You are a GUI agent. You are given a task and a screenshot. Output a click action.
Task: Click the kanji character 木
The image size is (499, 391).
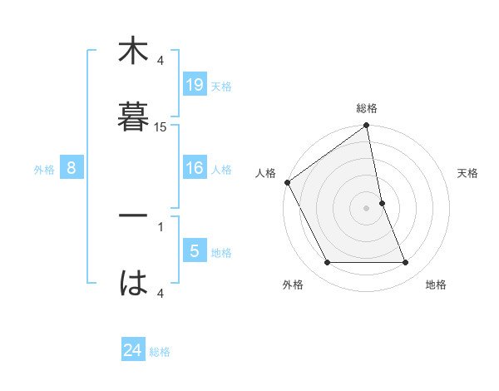click(x=133, y=52)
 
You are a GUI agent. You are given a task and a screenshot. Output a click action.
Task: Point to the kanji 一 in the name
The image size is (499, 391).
click(x=133, y=215)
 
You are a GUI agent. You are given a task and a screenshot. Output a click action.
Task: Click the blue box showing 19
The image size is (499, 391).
click(x=195, y=85)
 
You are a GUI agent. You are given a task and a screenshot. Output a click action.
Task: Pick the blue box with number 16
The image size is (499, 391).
click(x=195, y=169)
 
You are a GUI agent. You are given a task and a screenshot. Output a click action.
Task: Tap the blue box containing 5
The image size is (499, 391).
click(x=195, y=251)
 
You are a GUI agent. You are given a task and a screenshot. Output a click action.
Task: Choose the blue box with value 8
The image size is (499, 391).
click(x=72, y=169)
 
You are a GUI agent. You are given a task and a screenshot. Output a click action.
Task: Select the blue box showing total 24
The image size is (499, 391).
click(x=133, y=350)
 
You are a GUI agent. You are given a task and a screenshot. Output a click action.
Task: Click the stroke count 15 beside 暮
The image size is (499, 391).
click(x=161, y=126)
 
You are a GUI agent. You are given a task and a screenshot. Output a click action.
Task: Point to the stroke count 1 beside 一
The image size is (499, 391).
click(x=161, y=225)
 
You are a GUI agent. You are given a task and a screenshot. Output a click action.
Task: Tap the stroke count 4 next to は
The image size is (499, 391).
click(x=161, y=293)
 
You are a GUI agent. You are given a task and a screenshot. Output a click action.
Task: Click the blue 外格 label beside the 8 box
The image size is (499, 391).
click(x=44, y=170)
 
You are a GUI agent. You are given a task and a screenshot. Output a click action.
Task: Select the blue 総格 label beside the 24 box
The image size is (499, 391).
click(x=160, y=352)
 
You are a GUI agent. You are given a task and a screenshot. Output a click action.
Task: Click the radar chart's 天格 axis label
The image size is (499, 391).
click(x=468, y=173)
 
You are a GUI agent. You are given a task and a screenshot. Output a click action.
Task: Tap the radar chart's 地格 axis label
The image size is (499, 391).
click(x=436, y=285)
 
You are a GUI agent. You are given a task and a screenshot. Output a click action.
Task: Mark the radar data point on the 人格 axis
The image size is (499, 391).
click(x=287, y=182)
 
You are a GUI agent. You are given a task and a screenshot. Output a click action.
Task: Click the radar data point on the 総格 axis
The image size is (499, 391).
click(x=367, y=126)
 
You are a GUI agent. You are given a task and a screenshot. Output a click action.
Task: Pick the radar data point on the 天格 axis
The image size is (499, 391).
click(x=382, y=203)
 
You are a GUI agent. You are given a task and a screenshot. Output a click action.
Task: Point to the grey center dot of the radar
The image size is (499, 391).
click(x=367, y=208)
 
